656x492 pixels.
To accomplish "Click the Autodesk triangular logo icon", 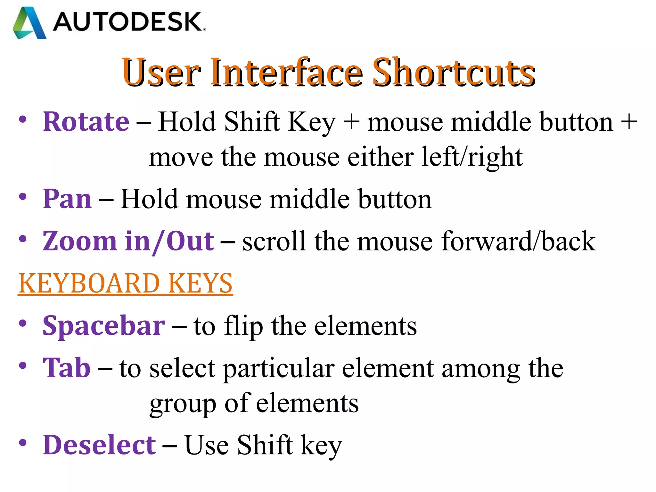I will tap(29, 23).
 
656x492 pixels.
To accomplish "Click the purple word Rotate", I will tap(86, 122).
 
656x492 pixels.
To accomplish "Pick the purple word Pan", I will tap(67, 199).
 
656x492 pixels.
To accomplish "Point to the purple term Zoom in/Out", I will tap(128, 241).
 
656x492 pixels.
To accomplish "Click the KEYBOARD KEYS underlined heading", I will tap(125, 283).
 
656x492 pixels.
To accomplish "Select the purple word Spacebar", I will tap(104, 326).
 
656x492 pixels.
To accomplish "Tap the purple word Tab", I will tap(67, 368).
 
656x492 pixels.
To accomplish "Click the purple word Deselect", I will tap(99, 445).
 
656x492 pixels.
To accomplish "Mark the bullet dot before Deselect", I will tap(22, 443).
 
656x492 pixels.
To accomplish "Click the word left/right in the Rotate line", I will tap(472, 157).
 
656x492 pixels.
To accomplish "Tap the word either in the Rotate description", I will tap(380, 157).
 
